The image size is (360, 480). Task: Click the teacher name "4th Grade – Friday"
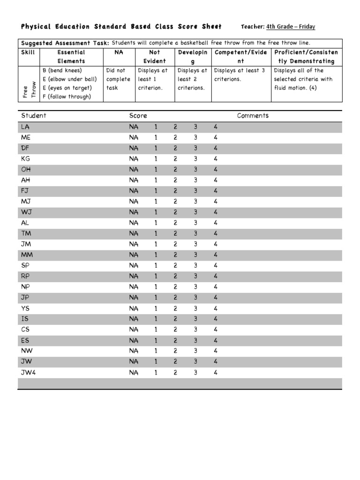click(291, 27)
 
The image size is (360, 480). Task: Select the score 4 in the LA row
click(216, 127)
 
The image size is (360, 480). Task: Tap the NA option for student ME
click(134, 138)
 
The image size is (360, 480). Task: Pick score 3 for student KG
click(196, 159)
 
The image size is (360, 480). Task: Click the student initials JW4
click(28, 372)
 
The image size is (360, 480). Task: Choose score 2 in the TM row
click(175, 233)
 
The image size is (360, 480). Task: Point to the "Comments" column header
click(253, 116)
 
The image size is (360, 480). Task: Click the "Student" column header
click(34, 116)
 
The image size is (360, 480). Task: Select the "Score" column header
click(138, 116)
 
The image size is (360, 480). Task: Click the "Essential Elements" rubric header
click(71, 57)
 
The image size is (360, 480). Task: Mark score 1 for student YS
click(156, 308)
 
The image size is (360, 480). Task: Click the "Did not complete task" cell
click(118, 79)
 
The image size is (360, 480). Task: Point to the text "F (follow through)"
click(66, 97)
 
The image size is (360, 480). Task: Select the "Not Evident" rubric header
click(155, 57)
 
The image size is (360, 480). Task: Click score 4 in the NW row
click(216, 351)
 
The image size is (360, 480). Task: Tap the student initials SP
click(25, 265)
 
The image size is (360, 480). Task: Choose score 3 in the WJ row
click(196, 212)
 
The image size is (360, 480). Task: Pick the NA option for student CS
click(134, 330)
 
